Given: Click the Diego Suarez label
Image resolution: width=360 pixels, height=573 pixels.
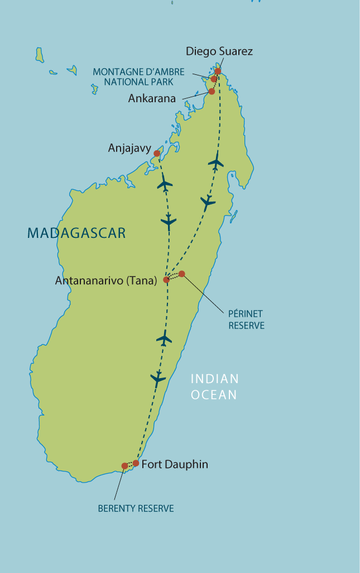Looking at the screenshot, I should pos(219,51).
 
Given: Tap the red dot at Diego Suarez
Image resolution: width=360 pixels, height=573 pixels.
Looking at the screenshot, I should pos(218,71).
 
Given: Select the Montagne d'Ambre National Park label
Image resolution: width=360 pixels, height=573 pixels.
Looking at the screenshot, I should pos(138,77).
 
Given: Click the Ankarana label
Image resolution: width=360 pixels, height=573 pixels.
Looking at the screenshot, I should pos(152,98).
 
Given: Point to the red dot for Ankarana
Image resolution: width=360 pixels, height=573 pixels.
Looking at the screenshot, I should pos(212,91).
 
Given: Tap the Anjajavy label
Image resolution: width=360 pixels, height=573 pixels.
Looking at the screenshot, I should pos(129,149).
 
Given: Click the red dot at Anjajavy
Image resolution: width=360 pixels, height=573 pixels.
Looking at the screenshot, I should pos(157,153).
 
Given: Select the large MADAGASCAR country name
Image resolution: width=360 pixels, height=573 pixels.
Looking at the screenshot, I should pos(76,233).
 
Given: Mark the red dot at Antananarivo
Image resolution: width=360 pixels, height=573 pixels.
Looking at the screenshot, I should pos(166,280).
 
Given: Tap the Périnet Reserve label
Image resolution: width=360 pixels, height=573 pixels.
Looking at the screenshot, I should pos(246,319).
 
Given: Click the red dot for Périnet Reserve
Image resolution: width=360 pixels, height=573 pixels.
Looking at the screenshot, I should pos(181,274).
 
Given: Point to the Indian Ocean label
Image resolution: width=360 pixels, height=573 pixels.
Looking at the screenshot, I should pos(215,386).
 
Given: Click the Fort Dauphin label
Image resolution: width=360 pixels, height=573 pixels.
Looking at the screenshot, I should pos(175,464).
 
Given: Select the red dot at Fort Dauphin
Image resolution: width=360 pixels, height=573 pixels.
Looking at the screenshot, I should pos(136,463).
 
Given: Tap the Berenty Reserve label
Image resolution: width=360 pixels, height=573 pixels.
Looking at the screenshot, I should pos(136,508).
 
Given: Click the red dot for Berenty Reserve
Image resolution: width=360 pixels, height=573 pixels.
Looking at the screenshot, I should pos(124,466).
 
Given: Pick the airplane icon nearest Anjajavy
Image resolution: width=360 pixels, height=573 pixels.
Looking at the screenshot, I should pos(165,183).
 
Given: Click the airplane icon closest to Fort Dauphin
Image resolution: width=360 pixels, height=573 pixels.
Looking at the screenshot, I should pos(159,379).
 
